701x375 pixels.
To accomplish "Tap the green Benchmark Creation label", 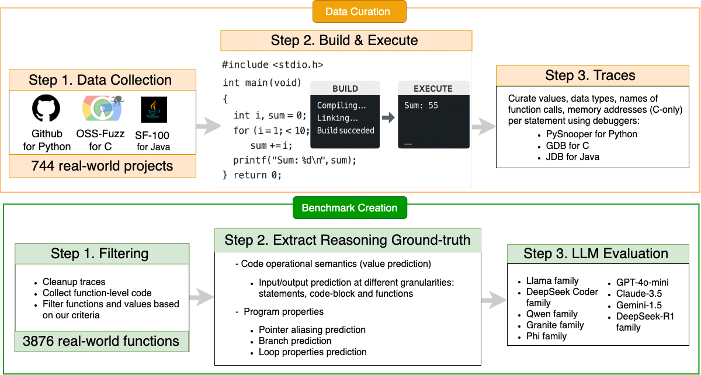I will pyautogui.click(x=349, y=208).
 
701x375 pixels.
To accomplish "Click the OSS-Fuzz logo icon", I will pyautogui.click(x=100, y=109).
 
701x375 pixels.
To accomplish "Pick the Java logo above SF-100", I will pyautogui.click(x=154, y=109).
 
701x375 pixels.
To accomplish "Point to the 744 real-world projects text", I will pyautogui.click(x=102, y=166).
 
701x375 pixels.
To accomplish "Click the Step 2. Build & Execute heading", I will pyautogui.click(x=345, y=40).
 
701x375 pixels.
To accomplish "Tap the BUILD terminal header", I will pyautogui.click(x=345, y=89).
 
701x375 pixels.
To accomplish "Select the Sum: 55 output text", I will pyautogui.click(x=421, y=106).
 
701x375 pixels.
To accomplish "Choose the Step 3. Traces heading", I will pyautogui.click(x=590, y=75).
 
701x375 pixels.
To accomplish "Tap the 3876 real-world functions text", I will pyautogui.click(x=101, y=341).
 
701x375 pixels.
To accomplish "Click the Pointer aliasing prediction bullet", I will pyautogui.click(x=312, y=329).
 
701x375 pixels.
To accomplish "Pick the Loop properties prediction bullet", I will pyautogui.click(x=313, y=352).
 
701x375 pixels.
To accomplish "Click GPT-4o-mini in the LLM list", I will pyautogui.click(x=642, y=281).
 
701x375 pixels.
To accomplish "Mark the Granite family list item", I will pyautogui.click(x=555, y=325).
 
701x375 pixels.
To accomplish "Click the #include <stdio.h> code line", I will pyautogui.click(x=272, y=65).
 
